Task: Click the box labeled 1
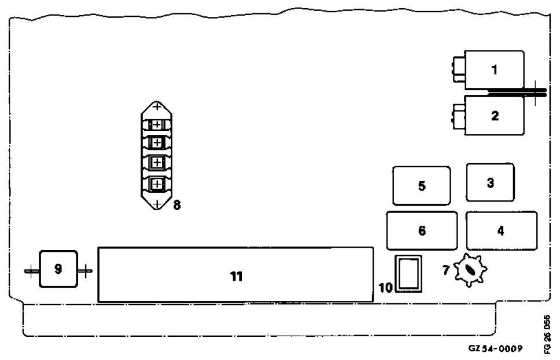(495, 70)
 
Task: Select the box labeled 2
(495, 115)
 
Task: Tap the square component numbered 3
(490, 182)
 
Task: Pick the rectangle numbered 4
(501, 230)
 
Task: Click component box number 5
(421, 186)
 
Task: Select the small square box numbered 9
(58, 269)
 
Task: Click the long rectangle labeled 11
(235, 275)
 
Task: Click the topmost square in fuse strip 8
(157, 126)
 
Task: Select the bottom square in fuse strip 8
(157, 184)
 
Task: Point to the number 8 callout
(176, 204)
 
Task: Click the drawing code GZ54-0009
(496, 348)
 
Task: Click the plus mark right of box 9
(85, 271)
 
